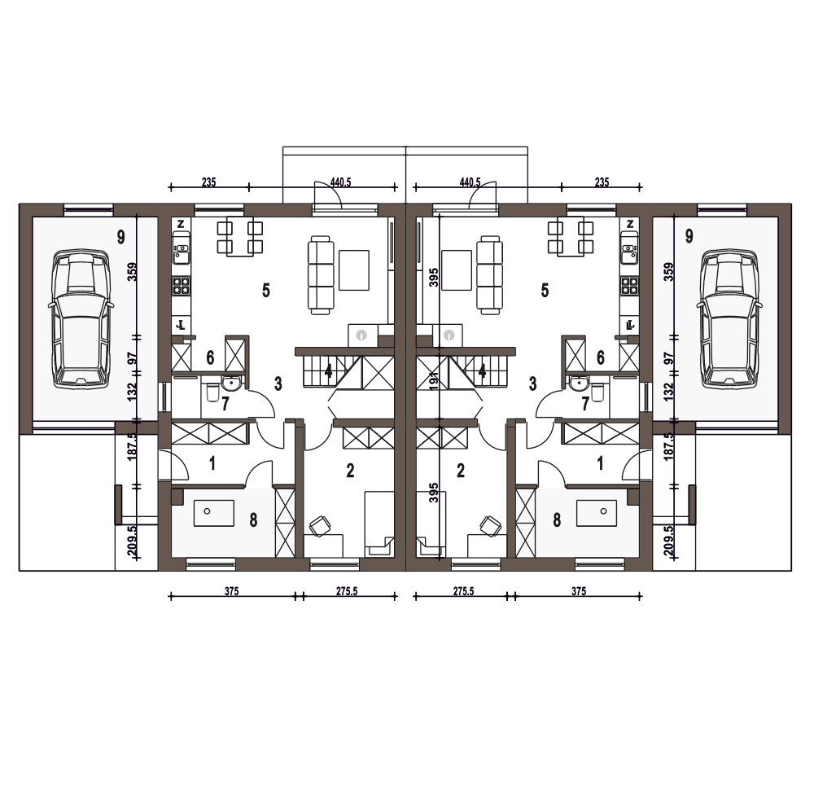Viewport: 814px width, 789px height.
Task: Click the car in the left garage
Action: tap(81, 318)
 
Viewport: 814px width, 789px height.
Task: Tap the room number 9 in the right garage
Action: tap(689, 236)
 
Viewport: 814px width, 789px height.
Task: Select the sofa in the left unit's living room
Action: tap(320, 275)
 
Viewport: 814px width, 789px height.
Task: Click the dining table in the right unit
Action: tap(571, 238)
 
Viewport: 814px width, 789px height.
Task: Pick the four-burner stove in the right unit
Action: tap(629, 286)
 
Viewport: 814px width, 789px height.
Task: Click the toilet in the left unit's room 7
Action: tap(212, 392)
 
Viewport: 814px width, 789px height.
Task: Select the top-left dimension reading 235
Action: tap(208, 182)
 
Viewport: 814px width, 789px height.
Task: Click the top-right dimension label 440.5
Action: tap(470, 182)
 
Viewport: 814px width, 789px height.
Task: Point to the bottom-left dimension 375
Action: tap(231, 591)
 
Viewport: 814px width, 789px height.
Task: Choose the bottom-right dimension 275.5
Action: tap(464, 591)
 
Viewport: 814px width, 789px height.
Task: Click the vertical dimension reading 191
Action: tap(435, 379)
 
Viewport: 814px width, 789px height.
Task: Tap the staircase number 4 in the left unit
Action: tap(328, 371)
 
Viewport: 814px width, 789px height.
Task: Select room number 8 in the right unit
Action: tap(557, 519)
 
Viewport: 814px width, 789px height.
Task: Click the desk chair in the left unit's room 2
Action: tap(321, 526)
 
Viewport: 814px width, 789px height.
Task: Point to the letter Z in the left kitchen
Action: tap(181, 225)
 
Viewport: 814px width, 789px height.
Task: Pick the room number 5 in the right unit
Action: tap(545, 290)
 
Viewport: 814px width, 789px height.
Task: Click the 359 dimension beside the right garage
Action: tap(669, 272)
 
